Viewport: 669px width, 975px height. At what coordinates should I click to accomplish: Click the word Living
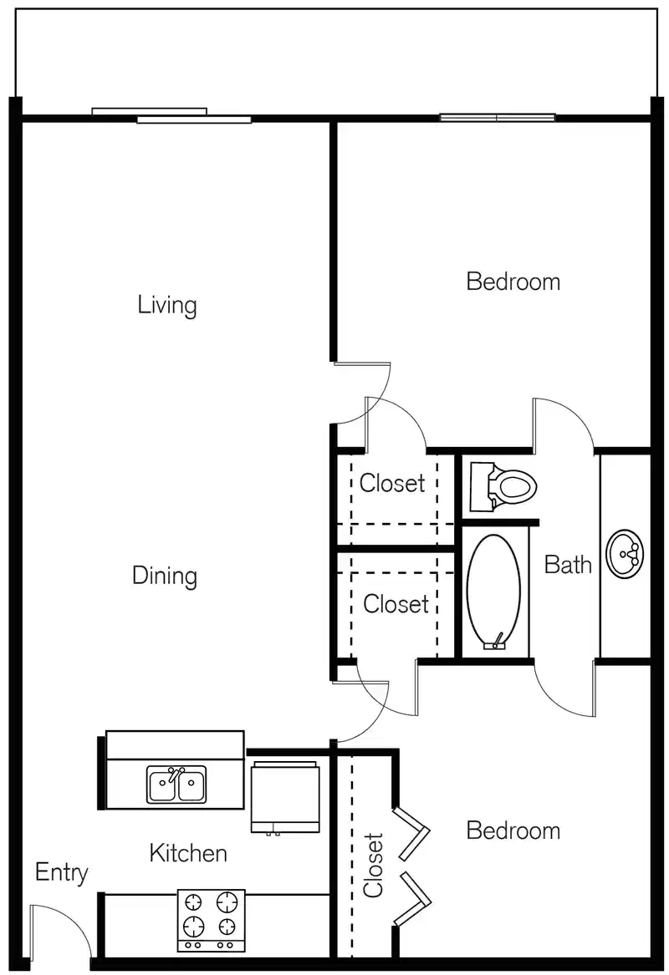(167, 305)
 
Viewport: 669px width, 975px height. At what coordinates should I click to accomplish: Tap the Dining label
(165, 576)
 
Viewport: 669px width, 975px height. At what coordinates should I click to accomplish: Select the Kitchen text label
(188, 853)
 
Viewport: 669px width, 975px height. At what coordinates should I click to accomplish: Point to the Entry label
(61, 873)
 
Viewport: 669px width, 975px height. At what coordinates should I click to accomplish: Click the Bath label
(568, 565)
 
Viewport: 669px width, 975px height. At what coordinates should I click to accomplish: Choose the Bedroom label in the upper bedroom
(513, 282)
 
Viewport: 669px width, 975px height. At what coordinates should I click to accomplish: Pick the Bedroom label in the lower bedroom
(513, 830)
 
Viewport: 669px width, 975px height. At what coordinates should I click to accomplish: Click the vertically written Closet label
(373, 865)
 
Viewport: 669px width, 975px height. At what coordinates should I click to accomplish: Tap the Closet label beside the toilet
(392, 483)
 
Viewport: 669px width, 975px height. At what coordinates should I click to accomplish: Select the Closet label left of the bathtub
(396, 603)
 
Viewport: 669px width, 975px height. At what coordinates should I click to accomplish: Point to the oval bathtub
(493, 592)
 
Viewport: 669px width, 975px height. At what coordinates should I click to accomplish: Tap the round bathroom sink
(625, 553)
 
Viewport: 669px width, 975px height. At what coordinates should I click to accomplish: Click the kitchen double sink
(176, 785)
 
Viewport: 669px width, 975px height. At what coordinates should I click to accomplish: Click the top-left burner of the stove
(194, 902)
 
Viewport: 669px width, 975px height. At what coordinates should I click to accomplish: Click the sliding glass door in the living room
(171, 115)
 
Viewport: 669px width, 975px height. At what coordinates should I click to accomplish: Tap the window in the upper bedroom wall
(498, 118)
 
